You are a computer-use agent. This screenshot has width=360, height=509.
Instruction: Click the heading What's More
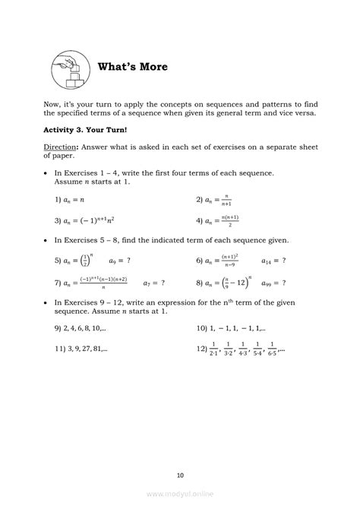[133, 68]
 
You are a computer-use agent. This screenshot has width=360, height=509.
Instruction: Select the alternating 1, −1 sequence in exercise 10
[238, 329]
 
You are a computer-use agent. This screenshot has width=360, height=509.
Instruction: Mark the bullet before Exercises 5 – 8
[47, 240]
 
